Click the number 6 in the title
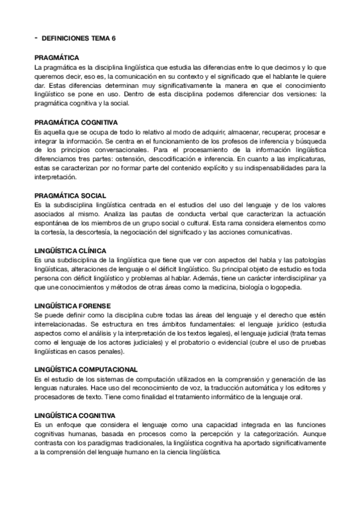click(x=114, y=38)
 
